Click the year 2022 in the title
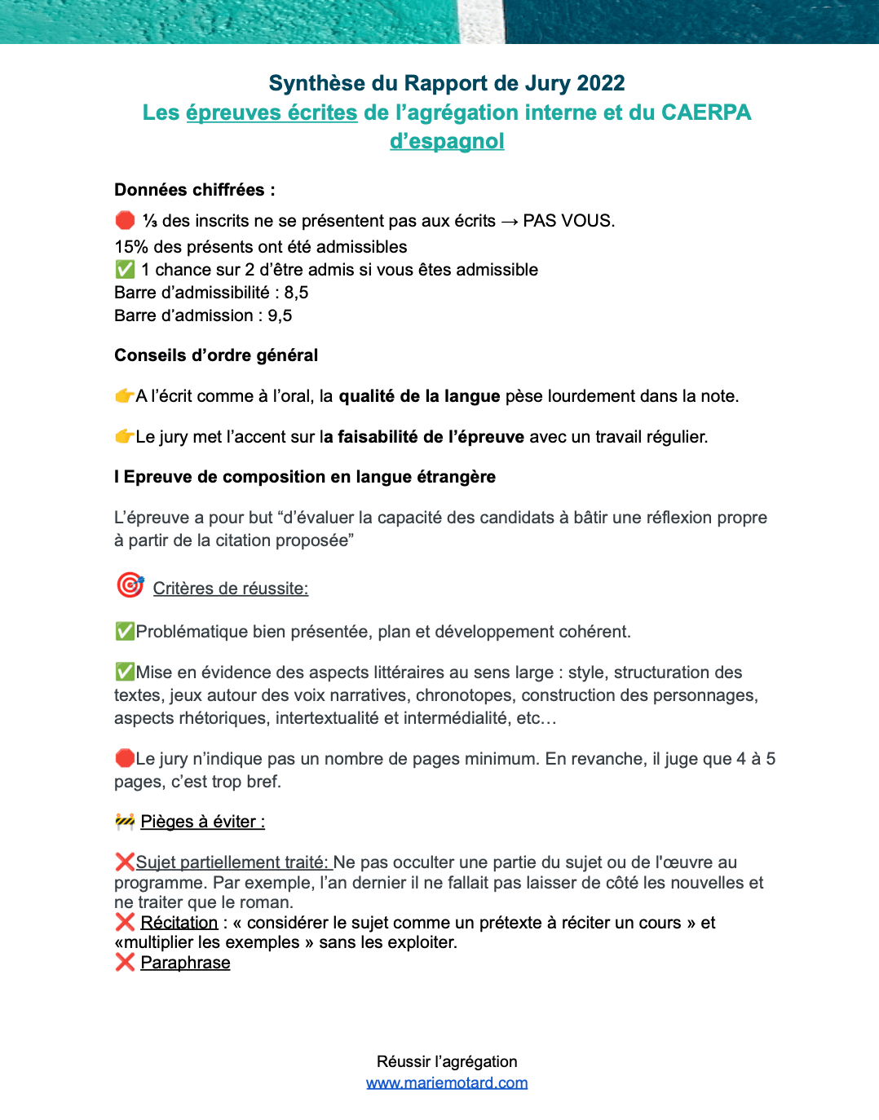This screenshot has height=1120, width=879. coord(600,83)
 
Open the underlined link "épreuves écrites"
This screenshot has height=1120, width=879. coord(272,112)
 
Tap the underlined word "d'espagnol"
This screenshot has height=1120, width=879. coord(447,141)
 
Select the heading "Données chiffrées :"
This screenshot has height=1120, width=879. coord(195,190)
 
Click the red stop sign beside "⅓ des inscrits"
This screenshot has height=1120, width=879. coord(125,220)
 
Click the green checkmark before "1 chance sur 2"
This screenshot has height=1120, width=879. coord(125,269)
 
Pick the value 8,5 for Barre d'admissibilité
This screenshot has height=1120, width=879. coord(296,293)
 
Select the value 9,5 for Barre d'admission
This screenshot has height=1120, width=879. coord(280,315)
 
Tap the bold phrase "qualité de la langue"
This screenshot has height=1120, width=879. coord(419,396)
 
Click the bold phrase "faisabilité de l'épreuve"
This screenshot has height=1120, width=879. coord(431,437)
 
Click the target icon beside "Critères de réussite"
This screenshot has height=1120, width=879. coord(130,584)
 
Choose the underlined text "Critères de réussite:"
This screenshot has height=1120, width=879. coord(231,589)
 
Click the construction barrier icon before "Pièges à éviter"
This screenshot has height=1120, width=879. coord(125,821)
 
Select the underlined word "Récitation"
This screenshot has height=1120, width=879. coord(179,923)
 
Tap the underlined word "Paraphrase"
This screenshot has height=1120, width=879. coord(185,963)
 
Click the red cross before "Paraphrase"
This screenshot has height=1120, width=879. coord(125,963)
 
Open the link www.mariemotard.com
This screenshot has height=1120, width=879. coord(447,1083)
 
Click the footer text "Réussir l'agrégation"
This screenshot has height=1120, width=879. coord(447,1061)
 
